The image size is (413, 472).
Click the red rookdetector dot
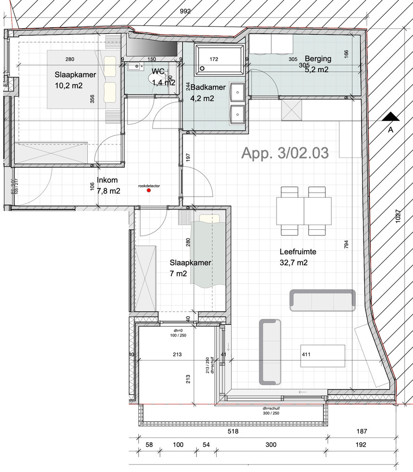(x=149, y=191)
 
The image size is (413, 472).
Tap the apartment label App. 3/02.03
(x=285, y=152)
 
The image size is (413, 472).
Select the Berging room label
(x=318, y=59)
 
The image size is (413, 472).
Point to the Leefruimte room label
(x=298, y=252)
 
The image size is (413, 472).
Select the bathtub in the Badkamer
(x=219, y=59)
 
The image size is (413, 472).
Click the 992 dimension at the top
(x=185, y=12)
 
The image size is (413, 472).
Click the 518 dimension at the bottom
(x=233, y=431)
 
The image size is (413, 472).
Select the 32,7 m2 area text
(x=294, y=263)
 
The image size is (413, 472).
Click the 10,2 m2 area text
(x=69, y=86)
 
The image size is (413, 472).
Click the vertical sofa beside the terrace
(x=270, y=352)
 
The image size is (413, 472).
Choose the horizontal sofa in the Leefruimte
(x=322, y=300)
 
